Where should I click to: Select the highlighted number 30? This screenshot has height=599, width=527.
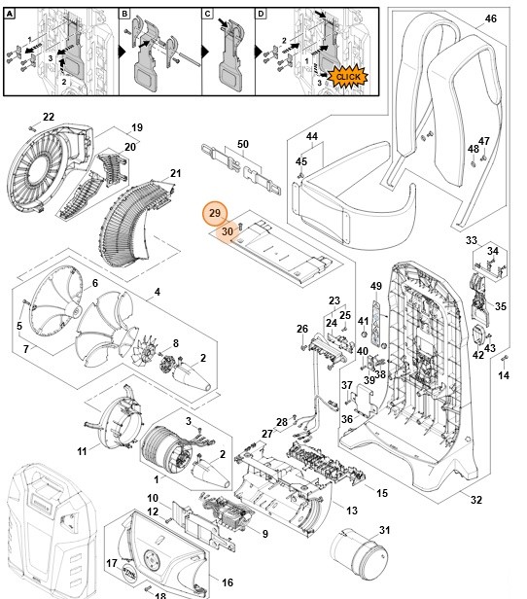pyautogui.click(x=226, y=231)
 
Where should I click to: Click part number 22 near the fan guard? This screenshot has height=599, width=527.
pyautogui.click(x=48, y=117)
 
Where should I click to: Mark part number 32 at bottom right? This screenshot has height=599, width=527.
pyautogui.click(x=475, y=500)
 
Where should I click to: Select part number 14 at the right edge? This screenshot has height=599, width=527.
pyautogui.click(x=504, y=374)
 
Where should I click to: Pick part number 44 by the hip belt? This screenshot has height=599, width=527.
pyautogui.click(x=312, y=136)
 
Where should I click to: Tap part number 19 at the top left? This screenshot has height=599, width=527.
pyautogui.click(x=137, y=127)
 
